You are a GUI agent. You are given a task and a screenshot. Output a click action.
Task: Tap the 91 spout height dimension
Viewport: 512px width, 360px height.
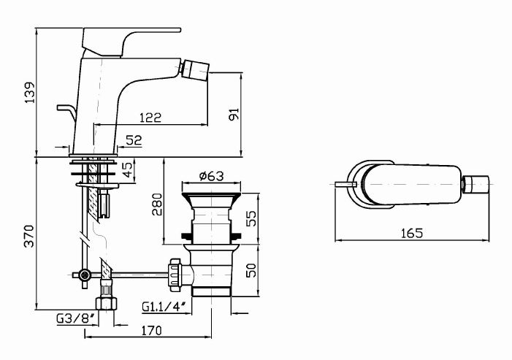[x=234, y=114]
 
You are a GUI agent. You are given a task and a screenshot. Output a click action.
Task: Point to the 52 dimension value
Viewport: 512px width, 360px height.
[x=134, y=139]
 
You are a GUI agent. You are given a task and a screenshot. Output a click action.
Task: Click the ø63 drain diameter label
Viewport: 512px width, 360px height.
[x=210, y=176]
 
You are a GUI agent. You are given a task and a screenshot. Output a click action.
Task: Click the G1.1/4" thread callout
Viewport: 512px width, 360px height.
[x=164, y=307]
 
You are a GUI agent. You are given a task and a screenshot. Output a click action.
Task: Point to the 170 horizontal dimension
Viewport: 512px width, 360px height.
[x=149, y=331]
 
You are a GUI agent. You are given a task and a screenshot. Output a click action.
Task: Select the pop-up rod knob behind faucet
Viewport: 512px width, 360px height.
[x=61, y=108]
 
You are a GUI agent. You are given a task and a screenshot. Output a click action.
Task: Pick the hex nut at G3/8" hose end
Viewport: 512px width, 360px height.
[x=106, y=302]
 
